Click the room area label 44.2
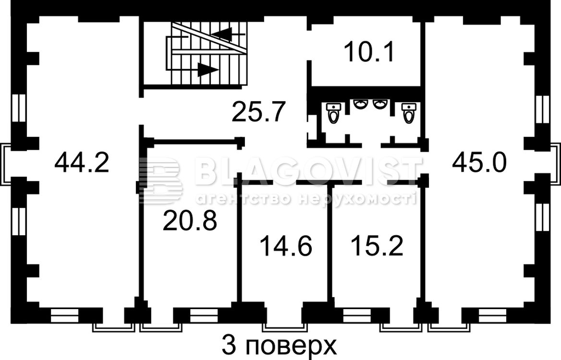click(82, 162)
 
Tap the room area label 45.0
click(479, 162)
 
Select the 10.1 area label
click(369, 52)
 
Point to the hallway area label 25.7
click(258, 111)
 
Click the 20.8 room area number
click(190, 220)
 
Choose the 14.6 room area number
click(286, 246)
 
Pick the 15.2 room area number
click(377, 246)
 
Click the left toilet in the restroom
click(333, 113)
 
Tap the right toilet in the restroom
click(408, 113)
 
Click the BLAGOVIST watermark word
click(308, 170)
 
